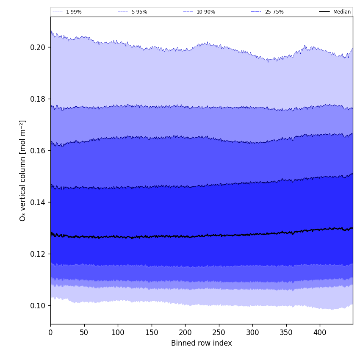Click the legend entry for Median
(x=342, y=12)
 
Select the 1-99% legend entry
(x=74, y=12)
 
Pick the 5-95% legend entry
(x=139, y=12)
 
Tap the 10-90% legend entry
(x=205, y=12)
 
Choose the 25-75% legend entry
(x=274, y=12)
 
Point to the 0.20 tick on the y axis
(x=38, y=47)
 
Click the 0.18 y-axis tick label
(x=38, y=99)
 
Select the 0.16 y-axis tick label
(x=38, y=150)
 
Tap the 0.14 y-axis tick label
(x=38, y=202)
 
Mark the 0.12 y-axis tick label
(x=38, y=254)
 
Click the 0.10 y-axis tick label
(x=38, y=305)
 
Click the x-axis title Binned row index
(x=202, y=343)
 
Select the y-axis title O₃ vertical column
(x=23, y=170)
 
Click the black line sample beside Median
(x=324, y=12)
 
